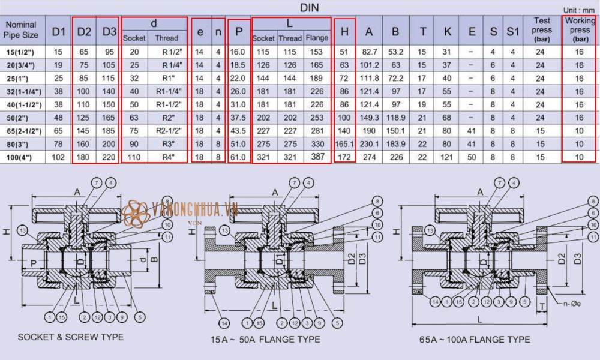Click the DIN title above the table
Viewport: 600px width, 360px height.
(x=311, y=7)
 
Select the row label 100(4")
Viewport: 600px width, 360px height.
(x=25, y=157)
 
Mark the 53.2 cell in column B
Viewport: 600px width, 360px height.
(x=395, y=52)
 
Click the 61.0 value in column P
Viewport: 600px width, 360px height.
(x=239, y=157)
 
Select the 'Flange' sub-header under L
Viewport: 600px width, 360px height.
(x=317, y=38)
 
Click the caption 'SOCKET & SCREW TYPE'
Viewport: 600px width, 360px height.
(x=71, y=337)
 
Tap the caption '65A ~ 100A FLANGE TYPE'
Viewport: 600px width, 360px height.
(x=475, y=340)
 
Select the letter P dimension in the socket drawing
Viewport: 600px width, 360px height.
(x=33, y=262)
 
